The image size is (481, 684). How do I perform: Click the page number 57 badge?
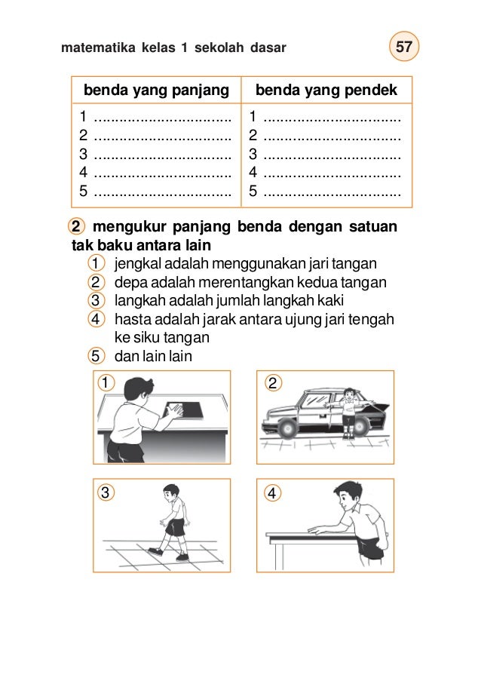click(x=405, y=48)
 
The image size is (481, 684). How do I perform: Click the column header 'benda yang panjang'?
click(x=156, y=91)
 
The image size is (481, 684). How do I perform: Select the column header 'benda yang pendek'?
click(x=326, y=91)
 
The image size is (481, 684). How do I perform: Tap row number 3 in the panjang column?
click(x=83, y=153)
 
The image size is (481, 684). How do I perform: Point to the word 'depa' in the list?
click(x=127, y=283)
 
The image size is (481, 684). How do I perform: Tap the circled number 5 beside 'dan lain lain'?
click(x=96, y=355)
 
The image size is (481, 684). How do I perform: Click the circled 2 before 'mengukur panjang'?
click(x=76, y=227)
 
